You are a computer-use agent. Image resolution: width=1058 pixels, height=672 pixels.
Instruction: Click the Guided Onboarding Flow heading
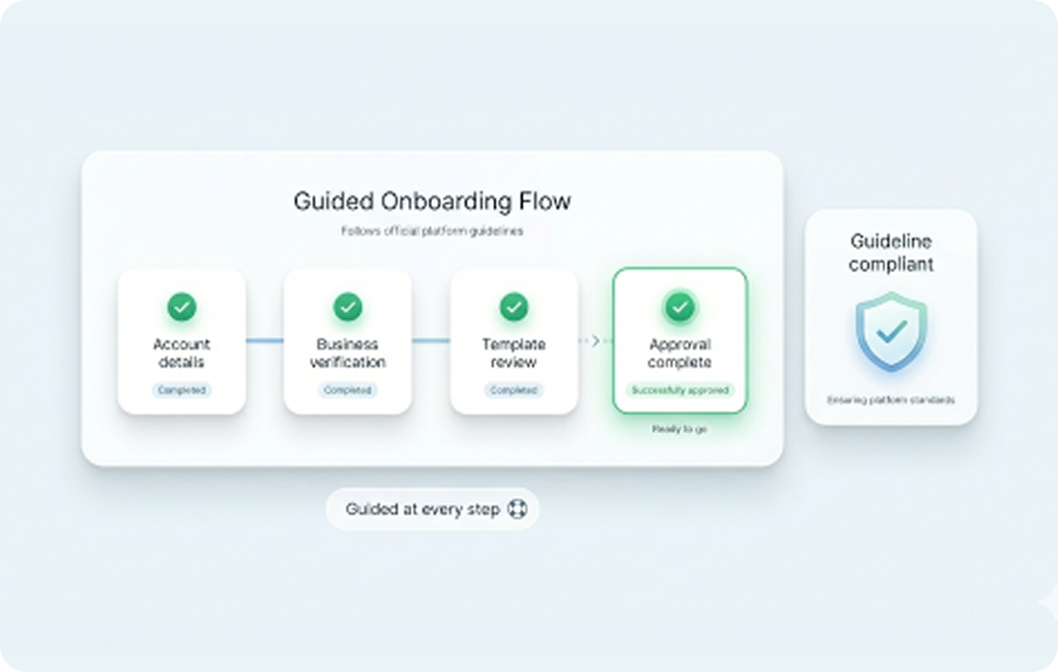click(432, 202)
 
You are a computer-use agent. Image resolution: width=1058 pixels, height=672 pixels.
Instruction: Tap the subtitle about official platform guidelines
click(432, 231)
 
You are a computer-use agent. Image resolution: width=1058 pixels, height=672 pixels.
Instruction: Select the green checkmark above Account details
click(181, 307)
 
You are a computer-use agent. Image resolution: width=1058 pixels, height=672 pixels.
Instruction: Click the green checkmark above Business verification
click(348, 307)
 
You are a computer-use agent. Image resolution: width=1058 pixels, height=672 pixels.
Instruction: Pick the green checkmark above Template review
click(514, 307)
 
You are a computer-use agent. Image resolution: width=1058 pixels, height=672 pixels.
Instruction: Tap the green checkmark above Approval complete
click(680, 307)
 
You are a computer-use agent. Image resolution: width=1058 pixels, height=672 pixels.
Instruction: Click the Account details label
click(181, 353)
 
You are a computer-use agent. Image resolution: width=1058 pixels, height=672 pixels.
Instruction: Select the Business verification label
click(348, 353)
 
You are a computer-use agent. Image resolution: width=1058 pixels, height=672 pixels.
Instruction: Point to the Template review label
click(514, 353)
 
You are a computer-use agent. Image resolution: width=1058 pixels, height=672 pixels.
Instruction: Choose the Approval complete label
click(680, 353)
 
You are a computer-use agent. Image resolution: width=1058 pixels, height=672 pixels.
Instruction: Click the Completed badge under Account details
click(181, 391)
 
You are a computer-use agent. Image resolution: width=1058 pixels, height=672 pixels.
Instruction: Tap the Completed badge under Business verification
click(348, 391)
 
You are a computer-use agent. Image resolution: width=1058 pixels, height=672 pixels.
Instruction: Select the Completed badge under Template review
click(514, 391)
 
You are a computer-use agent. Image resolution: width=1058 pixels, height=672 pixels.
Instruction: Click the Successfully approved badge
click(680, 391)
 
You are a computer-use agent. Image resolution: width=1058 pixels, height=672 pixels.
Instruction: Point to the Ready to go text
click(680, 429)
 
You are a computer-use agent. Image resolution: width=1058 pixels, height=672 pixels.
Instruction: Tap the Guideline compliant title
click(891, 252)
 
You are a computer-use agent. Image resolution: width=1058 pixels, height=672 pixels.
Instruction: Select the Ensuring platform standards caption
click(891, 399)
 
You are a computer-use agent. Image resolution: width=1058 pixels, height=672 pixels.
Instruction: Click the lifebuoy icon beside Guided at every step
click(517, 509)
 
